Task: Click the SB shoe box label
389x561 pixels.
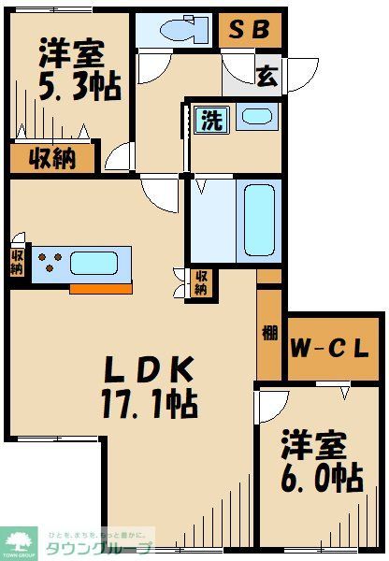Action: pyautogui.click(x=249, y=31)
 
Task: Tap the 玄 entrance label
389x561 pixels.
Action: pyautogui.click(x=267, y=77)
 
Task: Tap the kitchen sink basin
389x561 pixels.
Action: pyautogui.click(x=100, y=263)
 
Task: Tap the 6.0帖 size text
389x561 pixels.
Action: pyautogui.click(x=321, y=479)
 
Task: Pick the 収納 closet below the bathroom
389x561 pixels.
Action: pyautogui.click(x=200, y=283)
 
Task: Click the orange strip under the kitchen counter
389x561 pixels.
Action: pyautogui.click(x=100, y=288)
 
